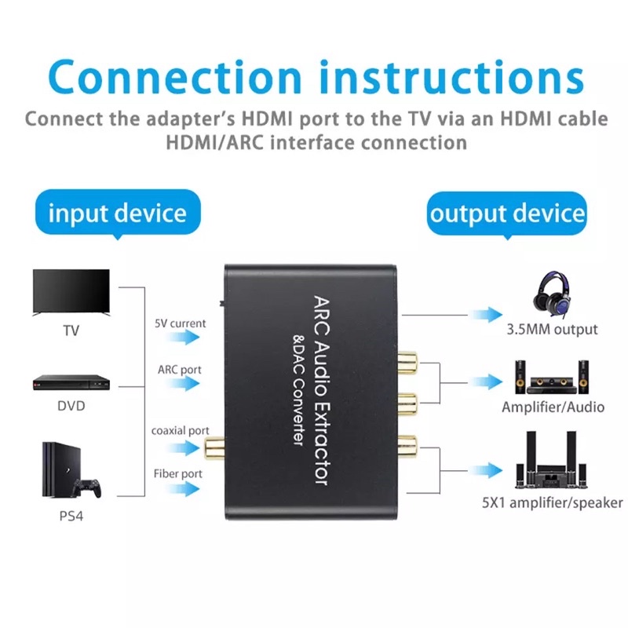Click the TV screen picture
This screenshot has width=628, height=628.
tap(71, 291)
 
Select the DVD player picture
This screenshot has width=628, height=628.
tap(71, 382)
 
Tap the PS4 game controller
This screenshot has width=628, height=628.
tap(89, 488)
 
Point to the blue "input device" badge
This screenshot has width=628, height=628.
tap(117, 214)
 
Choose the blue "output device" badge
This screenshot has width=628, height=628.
tap(507, 214)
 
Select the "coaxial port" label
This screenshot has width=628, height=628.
tap(181, 430)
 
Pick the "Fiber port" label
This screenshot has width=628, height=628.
tap(177, 473)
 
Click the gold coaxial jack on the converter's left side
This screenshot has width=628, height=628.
tap(213, 449)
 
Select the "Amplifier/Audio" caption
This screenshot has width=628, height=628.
tap(553, 407)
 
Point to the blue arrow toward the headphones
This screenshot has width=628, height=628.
tap(487, 315)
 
